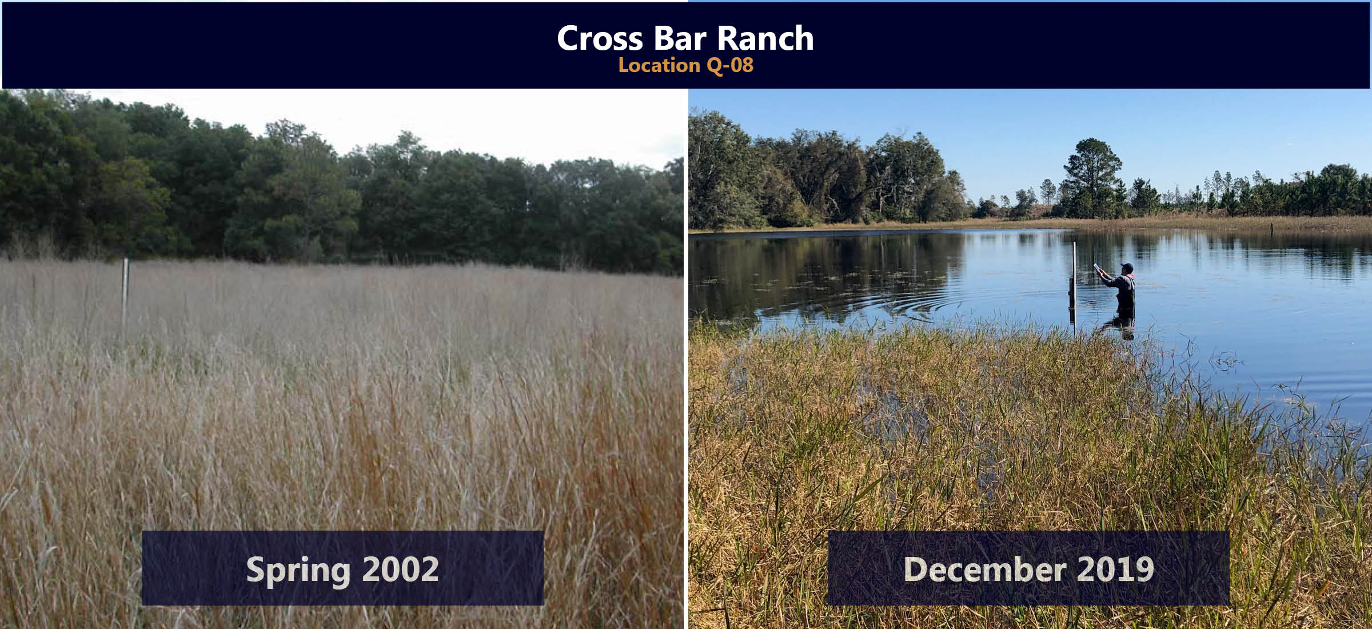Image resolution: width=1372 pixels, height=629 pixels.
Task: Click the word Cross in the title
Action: (600, 38)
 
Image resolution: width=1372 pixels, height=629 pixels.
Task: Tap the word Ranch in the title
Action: (765, 38)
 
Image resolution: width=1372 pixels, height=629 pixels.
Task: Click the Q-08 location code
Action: (730, 65)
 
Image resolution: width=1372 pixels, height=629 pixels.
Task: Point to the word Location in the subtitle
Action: (660, 65)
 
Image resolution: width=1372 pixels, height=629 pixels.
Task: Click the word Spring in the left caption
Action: (298, 570)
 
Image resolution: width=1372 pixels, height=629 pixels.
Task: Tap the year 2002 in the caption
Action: (400, 569)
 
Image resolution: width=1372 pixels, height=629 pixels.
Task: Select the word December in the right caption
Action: (985, 569)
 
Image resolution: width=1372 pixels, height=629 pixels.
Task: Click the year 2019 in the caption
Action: (1115, 569)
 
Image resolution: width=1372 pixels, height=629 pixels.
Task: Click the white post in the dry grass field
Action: (125, 292)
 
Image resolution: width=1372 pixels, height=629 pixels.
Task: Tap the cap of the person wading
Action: (1127, 266)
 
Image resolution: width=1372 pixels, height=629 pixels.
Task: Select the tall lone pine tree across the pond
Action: (1091, 177)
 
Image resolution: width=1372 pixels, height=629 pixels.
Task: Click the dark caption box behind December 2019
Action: (1028, 568)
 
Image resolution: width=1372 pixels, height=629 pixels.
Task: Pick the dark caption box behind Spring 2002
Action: (342, 568)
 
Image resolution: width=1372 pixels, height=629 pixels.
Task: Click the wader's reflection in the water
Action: (1120, 326)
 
